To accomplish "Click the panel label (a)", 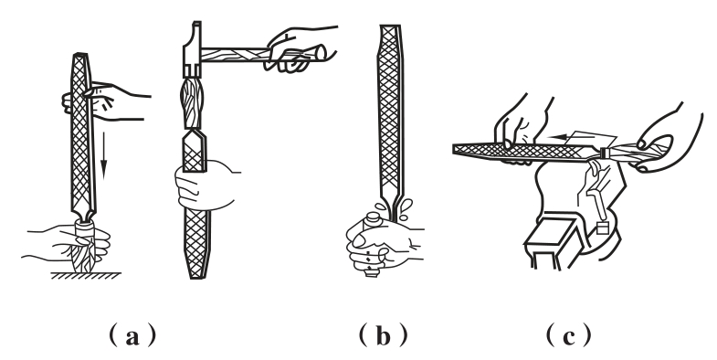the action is [x=132, y=336].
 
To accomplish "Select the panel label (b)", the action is [x=384, y=336].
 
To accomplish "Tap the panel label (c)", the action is [x=568, y=336].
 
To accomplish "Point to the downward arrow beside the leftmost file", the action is [x=104, y=155].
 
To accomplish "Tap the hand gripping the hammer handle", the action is [x=297, y=48].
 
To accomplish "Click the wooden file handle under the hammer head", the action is [x=192, y=103].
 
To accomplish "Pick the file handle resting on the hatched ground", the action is [x=85, y=247].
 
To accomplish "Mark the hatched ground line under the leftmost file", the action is [x=86, y=276].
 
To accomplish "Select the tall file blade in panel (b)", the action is [x=390, y=114].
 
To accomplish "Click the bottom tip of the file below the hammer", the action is [x=196, y=278].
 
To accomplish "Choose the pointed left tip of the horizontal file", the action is [x=454, y=149].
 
